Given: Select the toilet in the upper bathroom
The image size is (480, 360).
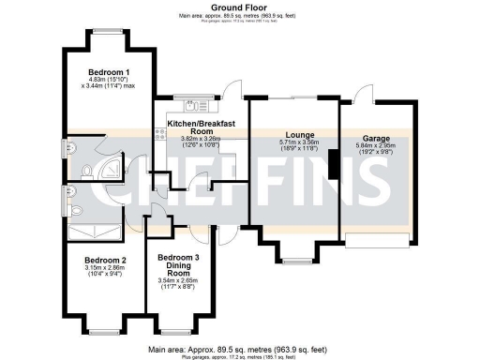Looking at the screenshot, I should pyautogui.click(x=86, y=171).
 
